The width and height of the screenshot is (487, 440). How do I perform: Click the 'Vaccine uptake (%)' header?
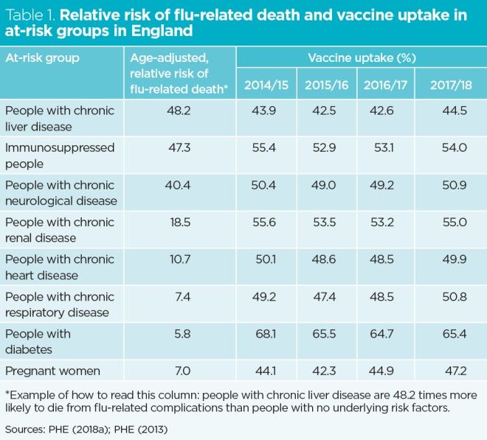(361, 57)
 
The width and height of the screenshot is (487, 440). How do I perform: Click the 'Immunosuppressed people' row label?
(60, 156)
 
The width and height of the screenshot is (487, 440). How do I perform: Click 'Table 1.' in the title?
(30, 15)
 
